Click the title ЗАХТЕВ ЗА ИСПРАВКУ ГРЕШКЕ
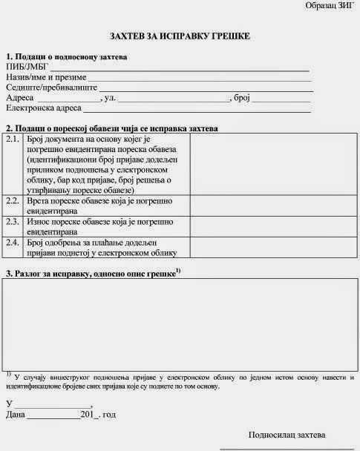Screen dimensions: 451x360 tap(180, 36)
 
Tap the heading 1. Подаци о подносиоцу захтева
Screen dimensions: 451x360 tap(66, 56)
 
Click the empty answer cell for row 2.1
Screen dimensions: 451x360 tap(273, 164)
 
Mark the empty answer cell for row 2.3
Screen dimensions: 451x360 tap(273, 226)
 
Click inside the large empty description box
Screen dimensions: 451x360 tap(180, 326)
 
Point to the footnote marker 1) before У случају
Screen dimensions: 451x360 tap(8, 374)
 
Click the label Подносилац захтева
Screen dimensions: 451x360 tap(286, 434)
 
